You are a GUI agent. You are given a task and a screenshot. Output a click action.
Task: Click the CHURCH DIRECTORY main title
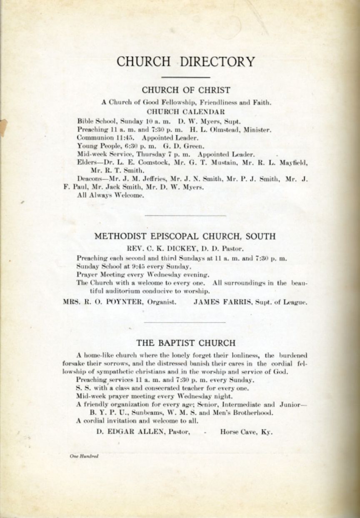pos(185,62)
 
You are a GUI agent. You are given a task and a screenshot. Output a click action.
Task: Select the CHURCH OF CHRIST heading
pos(186,90)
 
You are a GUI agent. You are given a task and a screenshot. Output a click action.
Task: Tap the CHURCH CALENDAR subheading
pos(185,112)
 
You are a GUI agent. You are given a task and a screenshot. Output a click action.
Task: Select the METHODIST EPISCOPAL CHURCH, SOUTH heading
pos(185,237)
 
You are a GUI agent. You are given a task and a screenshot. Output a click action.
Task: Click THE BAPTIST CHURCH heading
pos(186,343)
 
